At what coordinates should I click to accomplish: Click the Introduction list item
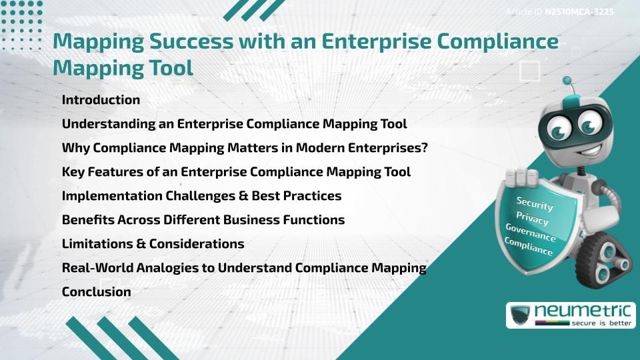(101, 100)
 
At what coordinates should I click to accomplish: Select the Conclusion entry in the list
(96, 291)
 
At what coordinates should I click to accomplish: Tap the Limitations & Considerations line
(153, 244)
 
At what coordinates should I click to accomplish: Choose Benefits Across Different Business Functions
(203, 219)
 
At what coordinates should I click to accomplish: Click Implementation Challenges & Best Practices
(201, 196)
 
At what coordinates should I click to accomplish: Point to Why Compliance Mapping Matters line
(245, 147)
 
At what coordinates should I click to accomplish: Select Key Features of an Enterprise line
(236, 172)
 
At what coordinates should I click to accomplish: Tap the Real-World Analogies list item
(244, 268)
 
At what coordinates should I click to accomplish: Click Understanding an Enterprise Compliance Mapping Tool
(234, 124)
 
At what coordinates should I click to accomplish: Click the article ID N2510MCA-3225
(578, 12)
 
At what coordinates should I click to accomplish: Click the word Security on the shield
(535, 203)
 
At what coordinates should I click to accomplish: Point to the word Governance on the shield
(530, 233)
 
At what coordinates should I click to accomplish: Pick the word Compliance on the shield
(529, 247)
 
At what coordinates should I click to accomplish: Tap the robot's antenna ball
(567, 81)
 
